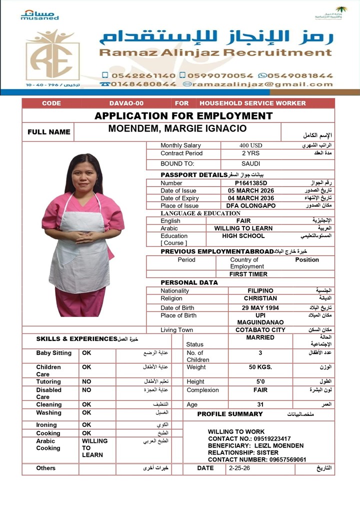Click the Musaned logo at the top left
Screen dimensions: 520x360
39,14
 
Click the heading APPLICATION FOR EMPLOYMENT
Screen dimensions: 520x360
183,116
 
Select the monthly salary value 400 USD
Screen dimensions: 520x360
250,145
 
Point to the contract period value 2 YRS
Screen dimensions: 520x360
250,153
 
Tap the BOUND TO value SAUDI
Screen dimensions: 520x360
250,163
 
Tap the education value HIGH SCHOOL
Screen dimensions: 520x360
243,235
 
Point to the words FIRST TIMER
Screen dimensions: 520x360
248,274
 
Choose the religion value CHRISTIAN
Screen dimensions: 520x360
260,298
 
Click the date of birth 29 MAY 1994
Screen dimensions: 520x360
260,307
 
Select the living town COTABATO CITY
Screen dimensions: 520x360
260,330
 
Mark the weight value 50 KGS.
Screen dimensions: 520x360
260,367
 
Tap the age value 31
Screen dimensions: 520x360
260,404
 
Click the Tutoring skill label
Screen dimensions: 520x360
48,381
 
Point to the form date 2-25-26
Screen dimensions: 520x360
239,468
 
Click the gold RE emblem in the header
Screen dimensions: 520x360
52,55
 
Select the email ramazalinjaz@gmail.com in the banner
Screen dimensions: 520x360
259,84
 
